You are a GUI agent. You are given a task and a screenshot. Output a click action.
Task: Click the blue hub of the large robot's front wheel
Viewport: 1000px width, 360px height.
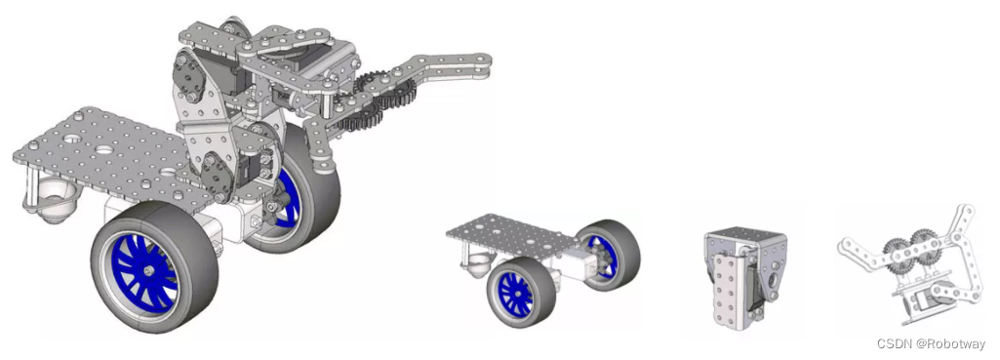pyautogui.click(x=144, y=271)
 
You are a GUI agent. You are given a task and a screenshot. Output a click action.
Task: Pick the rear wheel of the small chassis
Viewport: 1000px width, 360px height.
pyautogui.click(x=608, y=255)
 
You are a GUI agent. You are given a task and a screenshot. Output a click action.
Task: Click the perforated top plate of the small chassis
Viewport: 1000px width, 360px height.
pyautogui.click(x=513, y=235)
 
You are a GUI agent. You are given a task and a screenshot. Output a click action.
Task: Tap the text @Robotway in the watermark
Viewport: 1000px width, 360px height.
pyautogui.click(x=951, y=344)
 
